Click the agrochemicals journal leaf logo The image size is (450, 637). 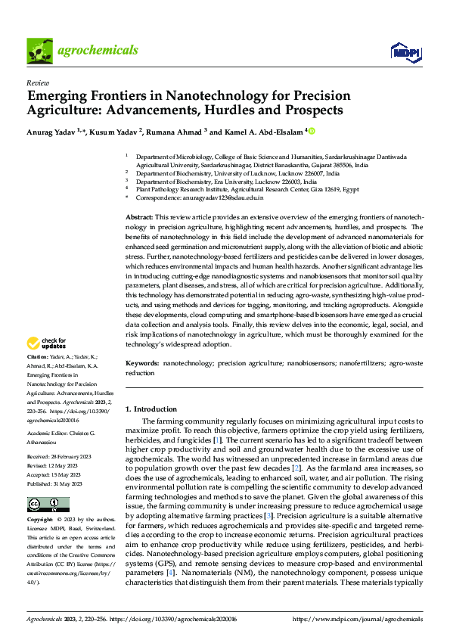[x=40, y=50]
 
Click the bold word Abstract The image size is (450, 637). [x=138, y=217]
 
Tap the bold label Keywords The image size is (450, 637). [x=141, y=364]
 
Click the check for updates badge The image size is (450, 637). [x=46, y=343]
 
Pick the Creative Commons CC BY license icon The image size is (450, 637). [x=44, y=505]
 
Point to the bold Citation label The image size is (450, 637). [x=37, y=356]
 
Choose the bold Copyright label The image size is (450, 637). [x=40, y=520]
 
